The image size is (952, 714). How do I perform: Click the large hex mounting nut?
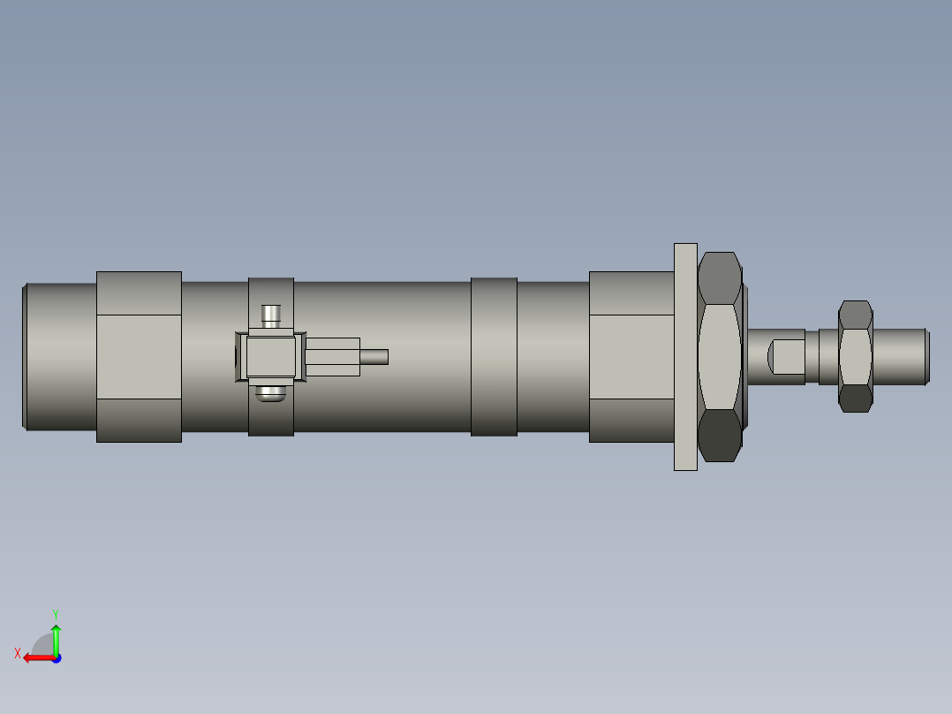click(x=719, y=357)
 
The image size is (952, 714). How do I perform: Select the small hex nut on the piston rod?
click(x=855, y=356)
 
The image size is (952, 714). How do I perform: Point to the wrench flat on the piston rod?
click(x=787, y=356)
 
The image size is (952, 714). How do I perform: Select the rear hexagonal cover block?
click(x=139, y=356)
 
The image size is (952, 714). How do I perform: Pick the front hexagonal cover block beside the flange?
click(x=631, y=356)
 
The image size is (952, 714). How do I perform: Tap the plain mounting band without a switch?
click(x=494, y=356)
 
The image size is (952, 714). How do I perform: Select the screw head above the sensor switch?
click(x=271, y=315)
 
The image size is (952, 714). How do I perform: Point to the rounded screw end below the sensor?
click(x=271, y=394)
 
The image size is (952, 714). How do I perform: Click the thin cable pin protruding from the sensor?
click(x=374, y=356)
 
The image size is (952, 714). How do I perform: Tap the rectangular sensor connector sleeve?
click(x=333, y=356)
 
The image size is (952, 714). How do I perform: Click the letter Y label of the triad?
click(x=55, y=613)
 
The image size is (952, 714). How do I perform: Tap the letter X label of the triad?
click(x=17, y=653)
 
